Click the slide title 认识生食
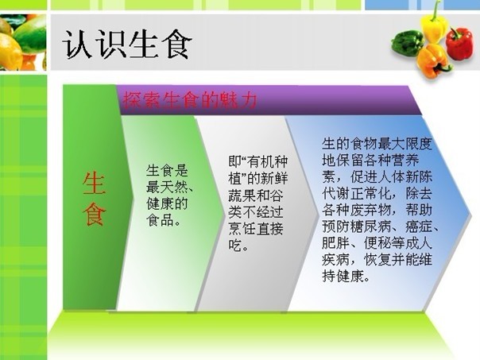click(x=126, y=45)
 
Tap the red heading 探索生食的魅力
click(x=189, y=100)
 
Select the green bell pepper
click(x=407, y=43)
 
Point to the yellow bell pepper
click(x=434, y=26)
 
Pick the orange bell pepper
click(x=434, y=61)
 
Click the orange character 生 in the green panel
click(x=94, y=183)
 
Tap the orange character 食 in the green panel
click(x=94, y=214)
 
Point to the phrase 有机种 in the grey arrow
click(x=268, y=162)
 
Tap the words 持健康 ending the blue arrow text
click(x=343, y=276)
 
